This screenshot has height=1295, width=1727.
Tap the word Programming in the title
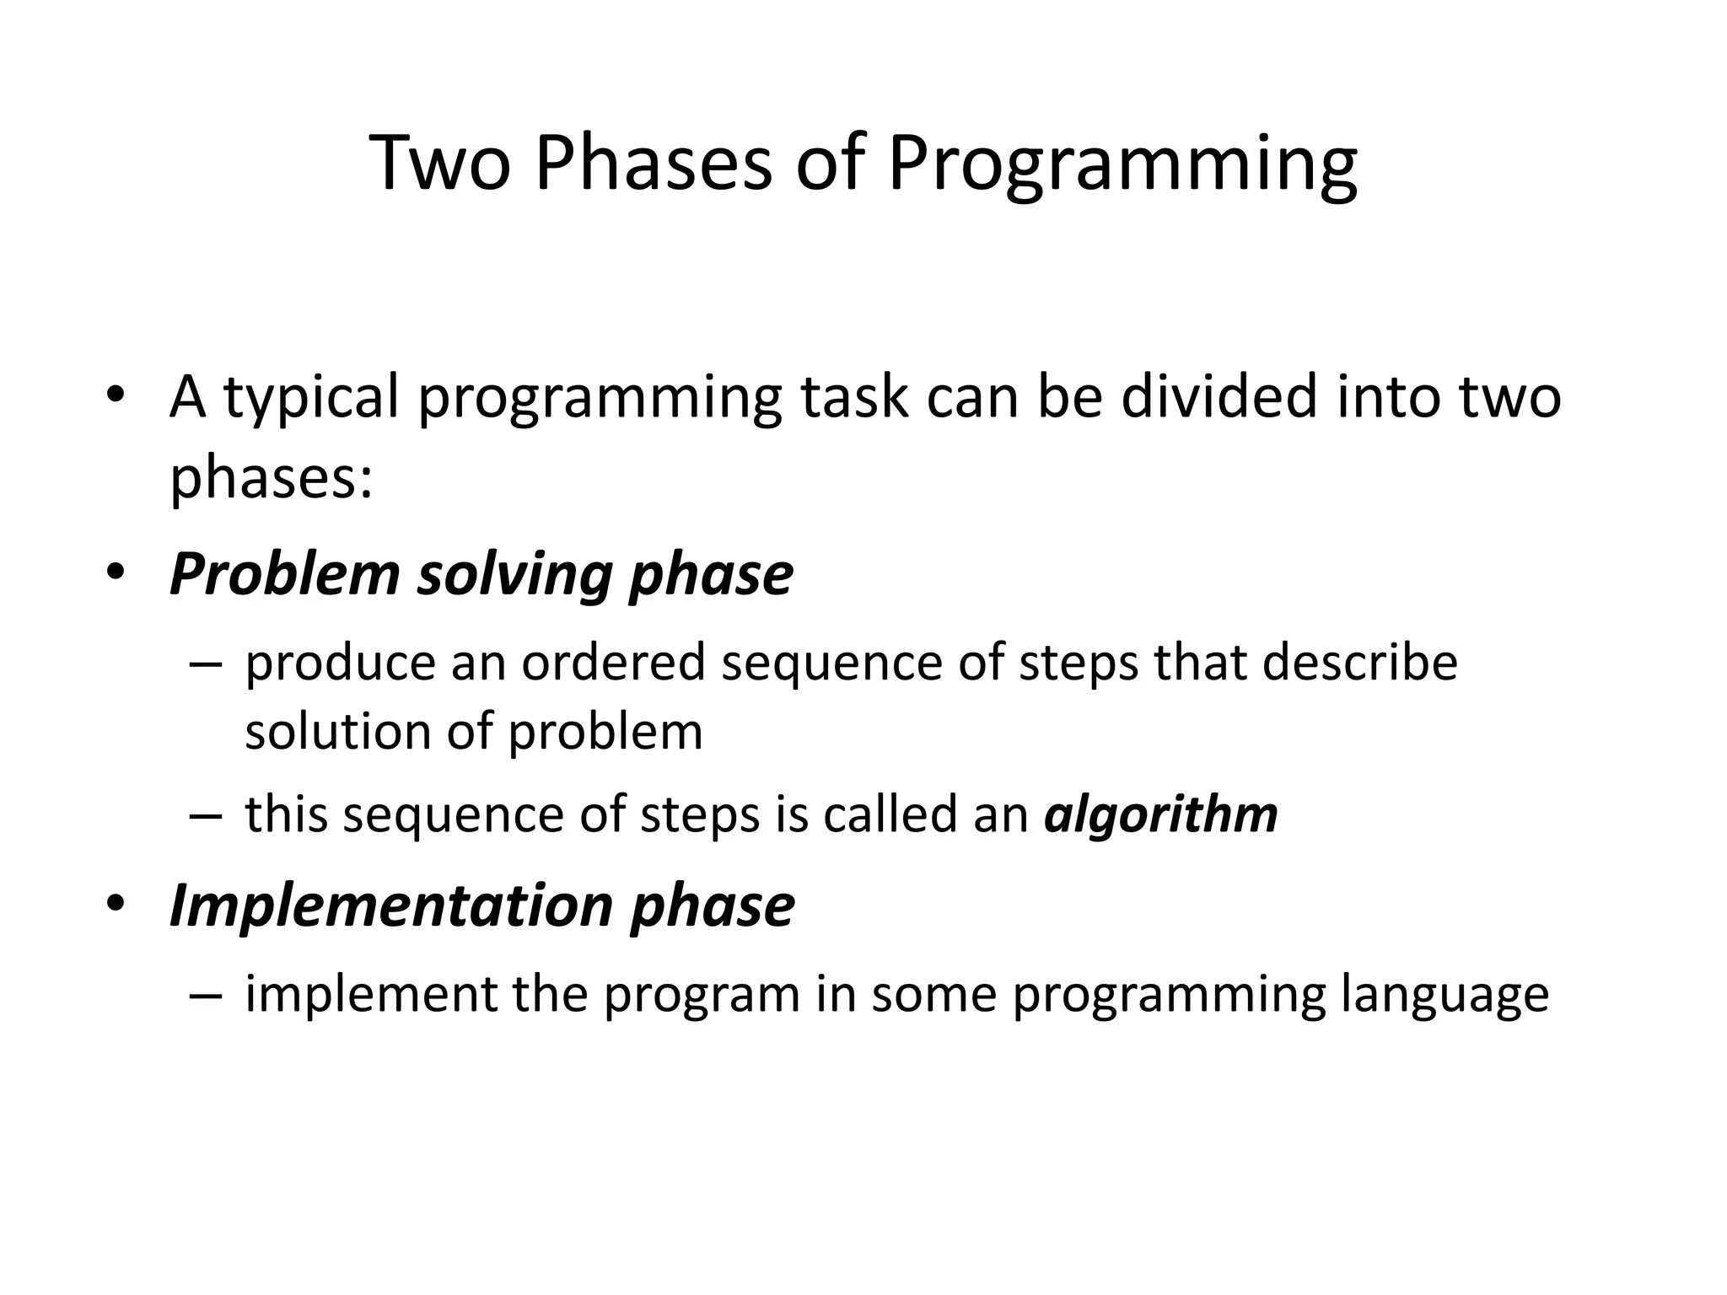pyautogui.click(x=1122, y=164)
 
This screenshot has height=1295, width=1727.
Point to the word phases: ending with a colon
pyautogui.click(x=271, y=479)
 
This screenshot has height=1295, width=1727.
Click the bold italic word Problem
pyautogui.click(x=284, y=575)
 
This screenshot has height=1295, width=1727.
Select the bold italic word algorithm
pyautogui.click(x=1160, y=815)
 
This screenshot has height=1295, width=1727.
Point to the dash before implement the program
pyautogui.click(x=206, y=996)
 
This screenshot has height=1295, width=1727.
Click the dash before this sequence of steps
pyautogui.click(x=206, y=816)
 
